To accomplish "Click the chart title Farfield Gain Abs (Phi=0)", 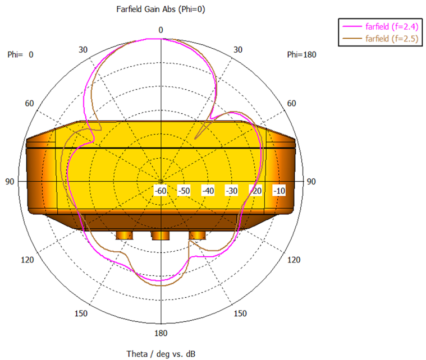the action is pos(161,9).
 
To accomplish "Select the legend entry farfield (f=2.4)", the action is pos(392,26).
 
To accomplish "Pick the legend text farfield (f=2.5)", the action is pos(392,39).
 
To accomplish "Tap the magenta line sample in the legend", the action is pos(352,26).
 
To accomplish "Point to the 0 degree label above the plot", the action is pos(161,30).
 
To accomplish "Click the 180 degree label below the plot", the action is pos(161,333).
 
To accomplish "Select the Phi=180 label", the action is pos(301,54).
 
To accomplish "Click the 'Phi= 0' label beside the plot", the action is pos(20,54).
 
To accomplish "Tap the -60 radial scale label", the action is pos(161,191).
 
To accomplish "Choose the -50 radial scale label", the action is pos(184,191).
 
